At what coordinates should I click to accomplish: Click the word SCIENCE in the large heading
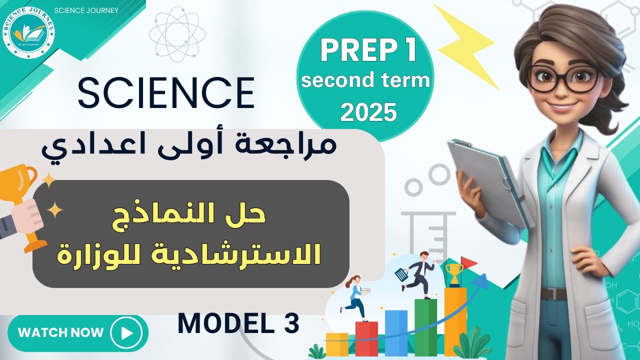166,92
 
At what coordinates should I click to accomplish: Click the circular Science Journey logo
28,28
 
